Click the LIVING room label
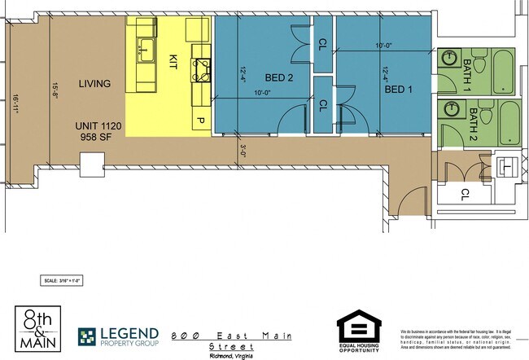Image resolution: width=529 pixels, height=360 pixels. pos(94,84)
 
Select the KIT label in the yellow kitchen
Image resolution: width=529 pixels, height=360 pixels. pos(173,61)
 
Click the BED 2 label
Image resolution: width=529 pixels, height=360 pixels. pos(278,78)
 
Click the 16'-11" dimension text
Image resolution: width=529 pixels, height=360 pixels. pos(15,106)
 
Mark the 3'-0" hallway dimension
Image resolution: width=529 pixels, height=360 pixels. pos(243,149)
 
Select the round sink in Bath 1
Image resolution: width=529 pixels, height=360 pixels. pos(449,59)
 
